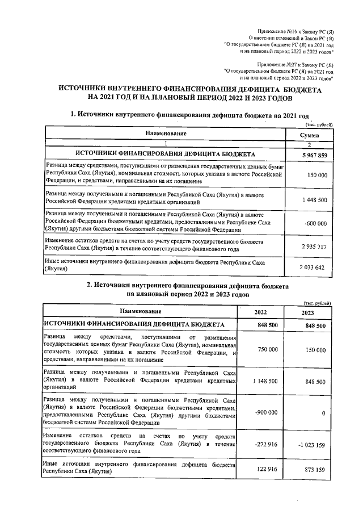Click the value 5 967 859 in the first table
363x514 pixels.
click(313, 155)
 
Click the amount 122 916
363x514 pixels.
click(267, 470)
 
